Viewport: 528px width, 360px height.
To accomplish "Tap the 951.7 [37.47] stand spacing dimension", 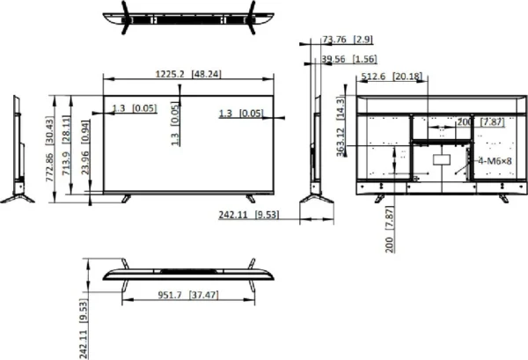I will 188,297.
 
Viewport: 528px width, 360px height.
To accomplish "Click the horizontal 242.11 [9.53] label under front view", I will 248,214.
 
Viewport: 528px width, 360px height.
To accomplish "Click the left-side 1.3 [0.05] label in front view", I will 134,109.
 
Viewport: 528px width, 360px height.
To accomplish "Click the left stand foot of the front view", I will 127,197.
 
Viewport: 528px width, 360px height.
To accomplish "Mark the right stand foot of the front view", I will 251,197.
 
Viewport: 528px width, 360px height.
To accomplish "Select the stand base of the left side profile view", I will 17,195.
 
